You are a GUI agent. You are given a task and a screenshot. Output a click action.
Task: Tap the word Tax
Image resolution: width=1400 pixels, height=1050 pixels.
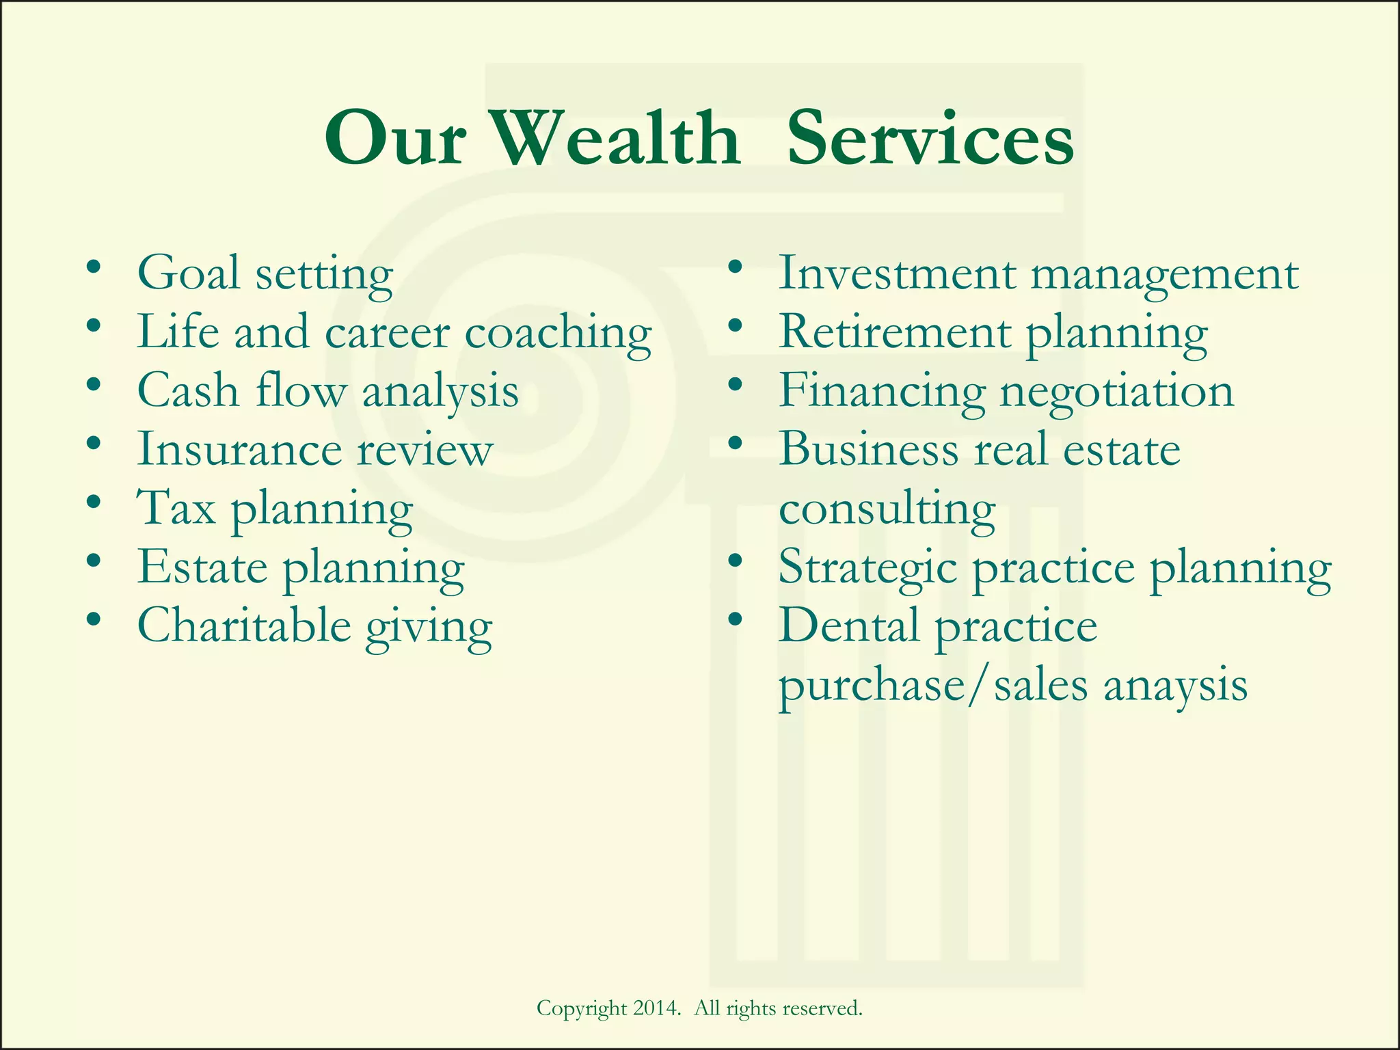click(177, 508)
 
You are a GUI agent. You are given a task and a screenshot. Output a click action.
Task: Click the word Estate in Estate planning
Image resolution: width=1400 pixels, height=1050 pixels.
click(202, 567)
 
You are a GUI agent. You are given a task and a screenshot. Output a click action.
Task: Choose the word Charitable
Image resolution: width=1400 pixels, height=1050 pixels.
click(244, 625)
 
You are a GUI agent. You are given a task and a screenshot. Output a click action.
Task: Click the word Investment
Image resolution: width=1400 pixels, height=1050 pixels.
click(897, 273)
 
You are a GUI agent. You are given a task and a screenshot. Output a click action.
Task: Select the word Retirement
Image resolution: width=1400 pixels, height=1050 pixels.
click(895, 333)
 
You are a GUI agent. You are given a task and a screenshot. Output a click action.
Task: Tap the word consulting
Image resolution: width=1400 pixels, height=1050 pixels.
click(887, 509)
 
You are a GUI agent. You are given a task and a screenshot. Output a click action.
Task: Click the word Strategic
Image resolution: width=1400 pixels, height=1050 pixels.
click(867, 568)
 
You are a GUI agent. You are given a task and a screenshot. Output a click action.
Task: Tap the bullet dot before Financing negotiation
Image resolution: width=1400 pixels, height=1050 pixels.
click(736, 385)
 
